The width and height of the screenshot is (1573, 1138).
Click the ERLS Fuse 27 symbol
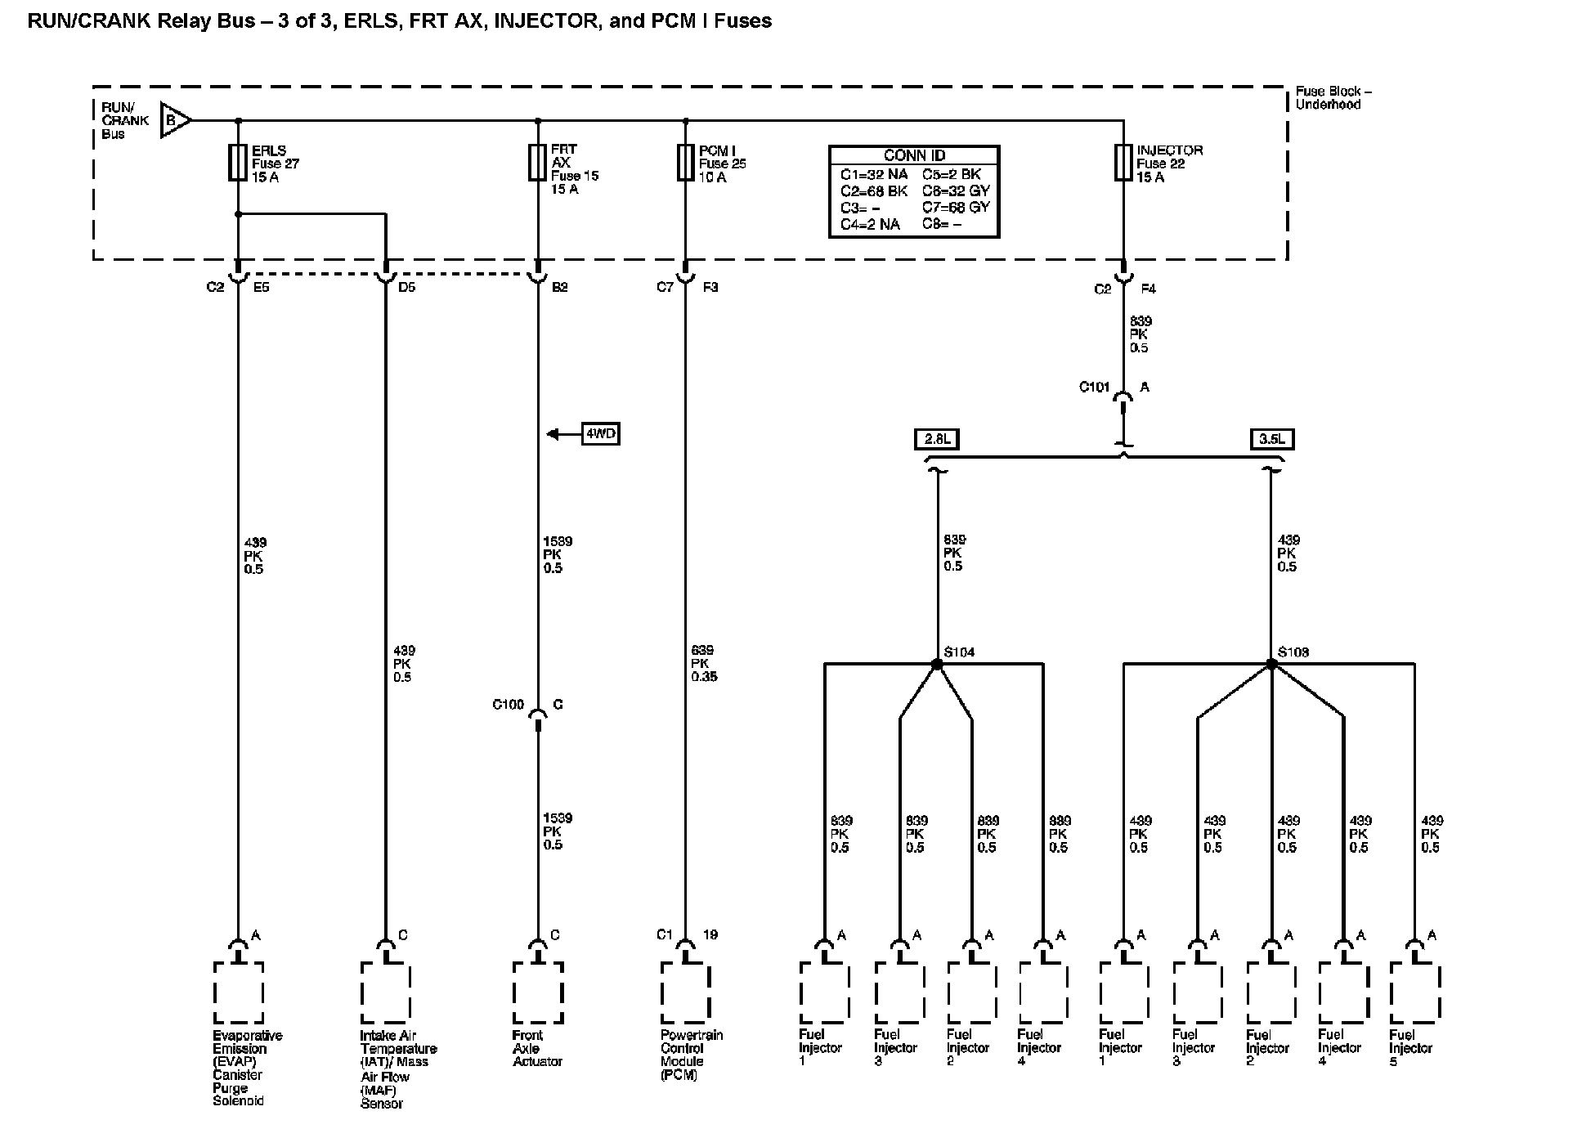pos(238,163)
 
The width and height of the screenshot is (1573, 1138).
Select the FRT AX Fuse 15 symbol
pos(537,163)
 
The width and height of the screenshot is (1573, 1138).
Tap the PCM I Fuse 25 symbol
pos(685,163)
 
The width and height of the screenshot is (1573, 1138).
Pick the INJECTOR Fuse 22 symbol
pos(1123,163)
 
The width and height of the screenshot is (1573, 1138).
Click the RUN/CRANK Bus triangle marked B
pos(174,120)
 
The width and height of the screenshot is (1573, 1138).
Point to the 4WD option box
pos(600,434)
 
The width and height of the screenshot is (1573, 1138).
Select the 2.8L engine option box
pos(937,439)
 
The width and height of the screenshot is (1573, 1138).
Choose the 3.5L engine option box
pos(1271,439)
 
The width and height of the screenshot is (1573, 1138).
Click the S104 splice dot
pos(937,665)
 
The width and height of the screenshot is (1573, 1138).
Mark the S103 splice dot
pos(1271,665)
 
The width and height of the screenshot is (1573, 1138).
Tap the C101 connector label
pos(1094,388)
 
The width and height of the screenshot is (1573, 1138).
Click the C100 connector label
pos(508,705)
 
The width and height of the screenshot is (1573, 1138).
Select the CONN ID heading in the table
pos(914,155)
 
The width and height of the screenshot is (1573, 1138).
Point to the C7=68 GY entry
pos(956,208)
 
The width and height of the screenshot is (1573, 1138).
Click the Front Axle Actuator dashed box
pos(538,992)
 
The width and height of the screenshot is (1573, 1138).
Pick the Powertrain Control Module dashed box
pos(685,992)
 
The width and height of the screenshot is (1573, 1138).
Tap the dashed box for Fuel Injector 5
pos(1414,992)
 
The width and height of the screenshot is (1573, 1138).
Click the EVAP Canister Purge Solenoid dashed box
pos(239,992)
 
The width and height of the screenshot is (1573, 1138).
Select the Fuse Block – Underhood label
pos(1333,98)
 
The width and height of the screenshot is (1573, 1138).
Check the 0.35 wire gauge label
pos(704,677)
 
